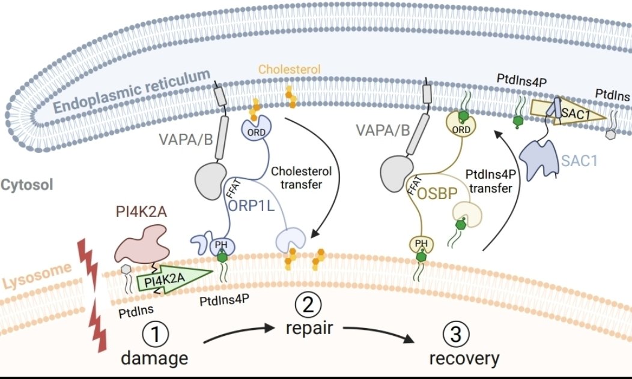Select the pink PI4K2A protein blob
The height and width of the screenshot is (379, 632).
point(142,242)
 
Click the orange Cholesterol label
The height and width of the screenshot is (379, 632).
point(290,69)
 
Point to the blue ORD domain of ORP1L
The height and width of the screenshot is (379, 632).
point(258,130)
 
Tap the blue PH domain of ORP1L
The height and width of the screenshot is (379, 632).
point(222,246)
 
